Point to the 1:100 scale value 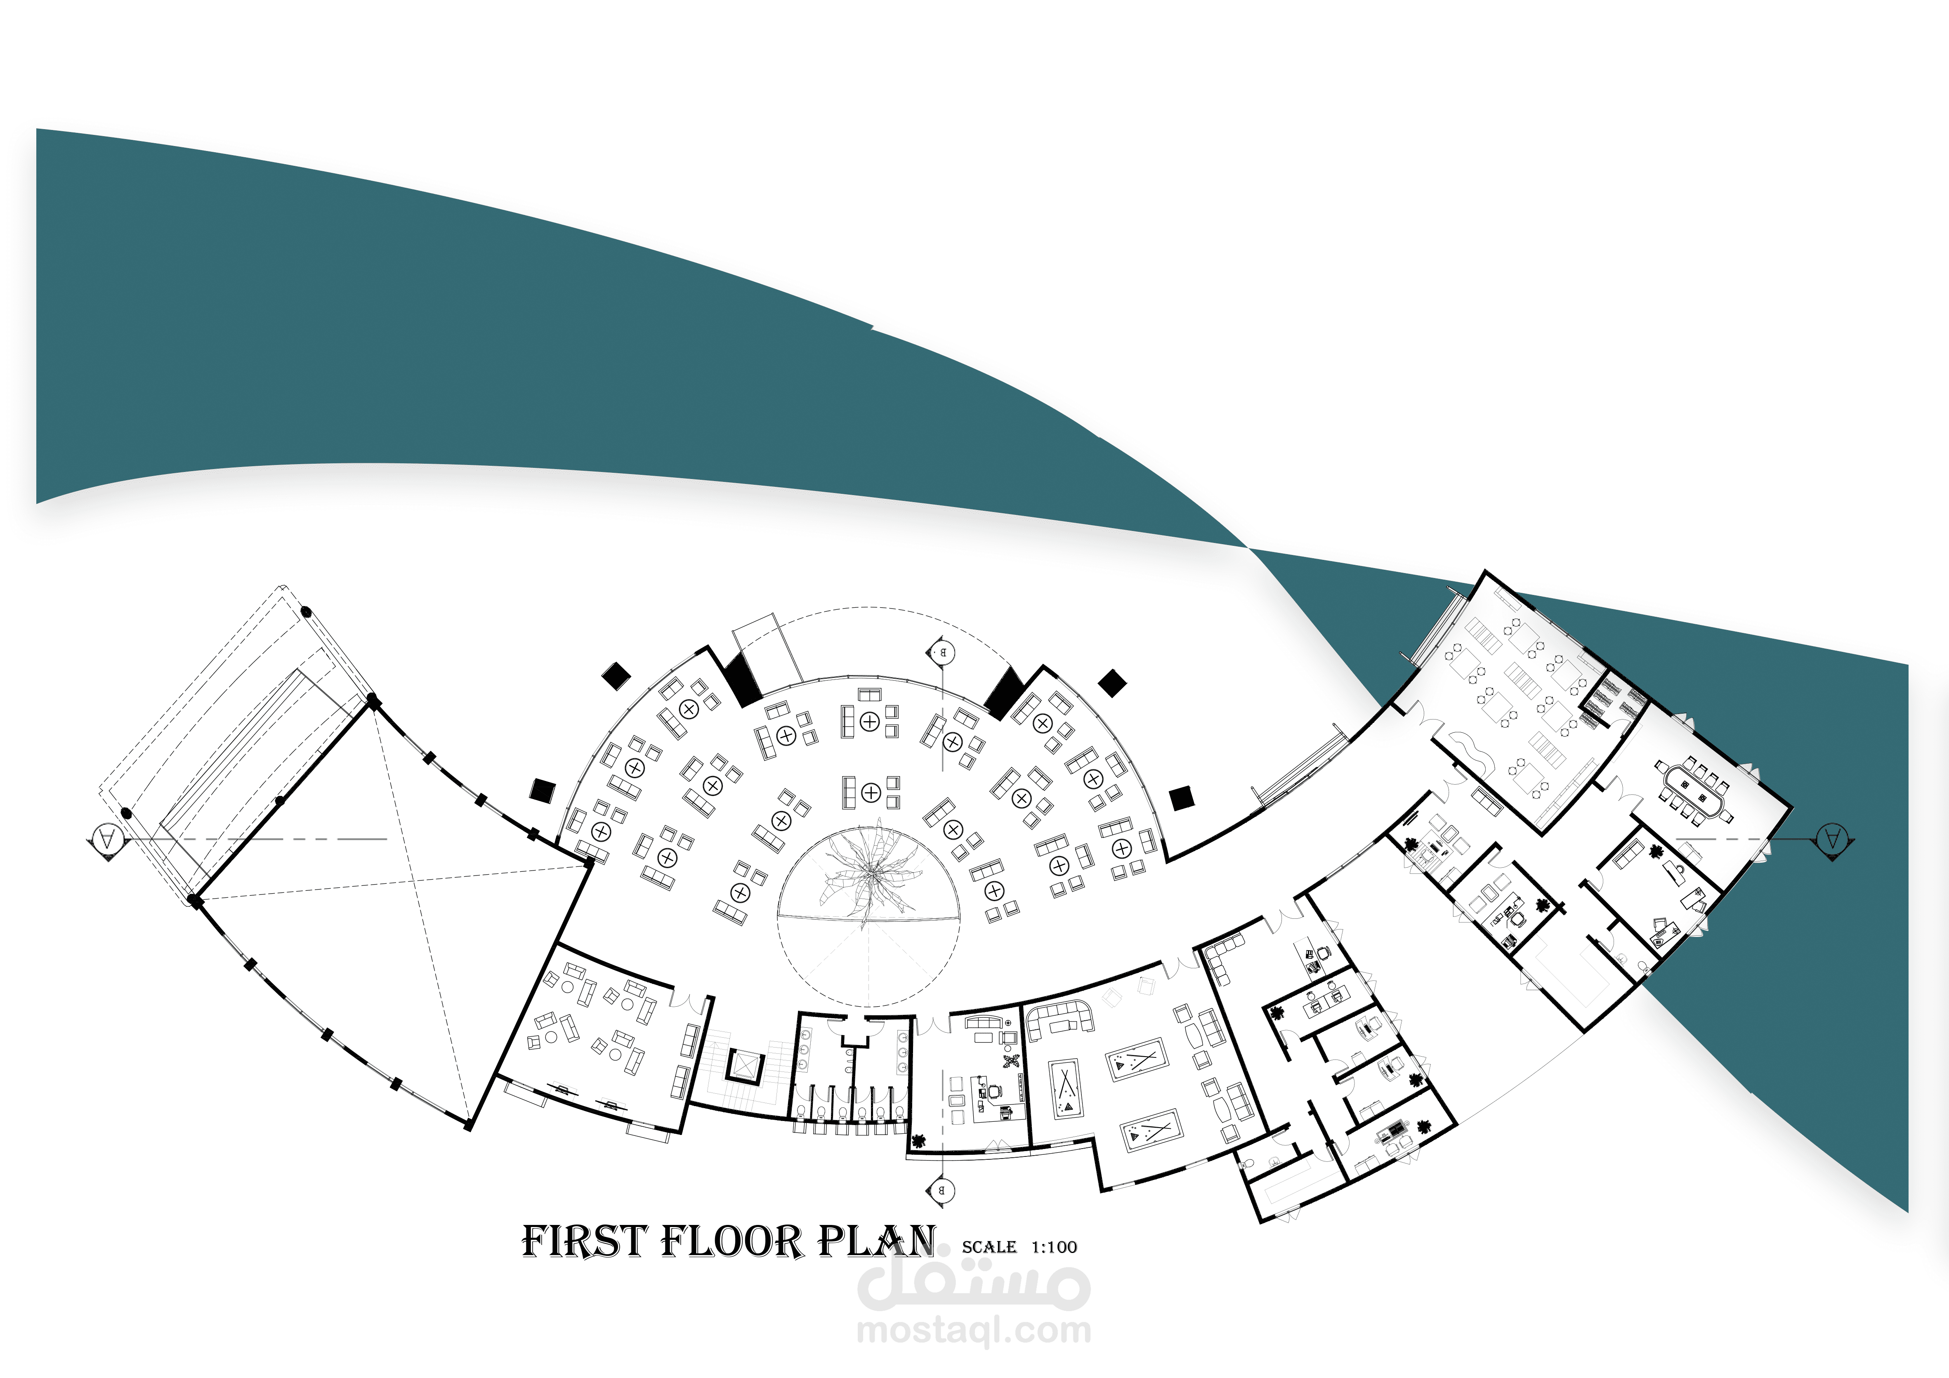coord(1054,1247)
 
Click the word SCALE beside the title coord(989,1247)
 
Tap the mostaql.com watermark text coord(974,1331)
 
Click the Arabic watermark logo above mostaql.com coord(974,1282)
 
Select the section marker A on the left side coord(108,840)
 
